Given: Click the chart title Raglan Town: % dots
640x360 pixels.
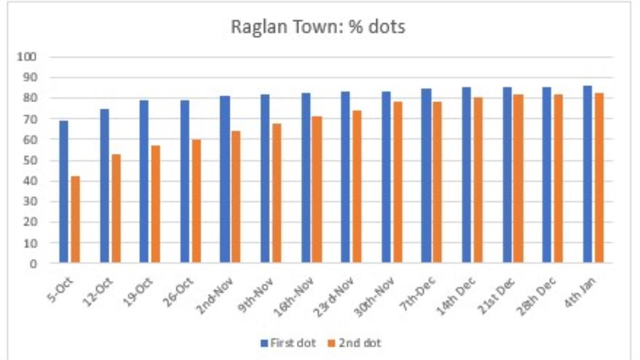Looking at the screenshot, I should point(318,27).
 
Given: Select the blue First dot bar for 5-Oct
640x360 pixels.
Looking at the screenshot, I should point(64,192).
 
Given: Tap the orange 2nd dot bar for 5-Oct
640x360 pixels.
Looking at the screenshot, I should point(76,219).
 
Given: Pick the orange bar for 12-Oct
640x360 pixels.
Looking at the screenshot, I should point(116,208).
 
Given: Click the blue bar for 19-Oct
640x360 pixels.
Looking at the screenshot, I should point(144,181).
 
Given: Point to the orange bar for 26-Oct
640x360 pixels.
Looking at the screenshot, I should point(196,201).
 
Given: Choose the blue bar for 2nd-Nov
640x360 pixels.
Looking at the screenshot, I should point(225,179).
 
